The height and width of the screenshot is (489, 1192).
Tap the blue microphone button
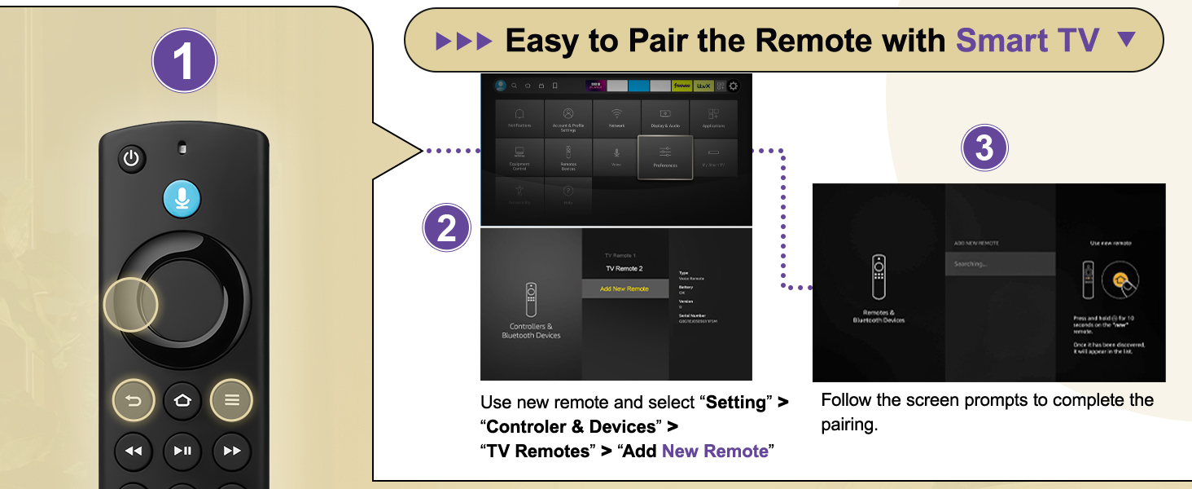coord(181,199)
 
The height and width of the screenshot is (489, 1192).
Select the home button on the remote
coord(182,400)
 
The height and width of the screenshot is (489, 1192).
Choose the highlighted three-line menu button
coord(232,400)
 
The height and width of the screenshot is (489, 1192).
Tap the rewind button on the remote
coord(133,450)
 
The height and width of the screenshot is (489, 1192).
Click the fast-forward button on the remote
coord(232,450)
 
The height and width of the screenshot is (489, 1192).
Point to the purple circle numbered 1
coord(185,60)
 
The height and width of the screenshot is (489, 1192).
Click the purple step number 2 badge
coord(447,228)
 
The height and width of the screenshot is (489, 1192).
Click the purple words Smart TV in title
coord(1028,39)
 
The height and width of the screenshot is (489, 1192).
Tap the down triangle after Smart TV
coord(1127,38)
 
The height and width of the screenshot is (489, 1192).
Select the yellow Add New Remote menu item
coord(624,289)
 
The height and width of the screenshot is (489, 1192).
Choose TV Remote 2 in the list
coord(624,268)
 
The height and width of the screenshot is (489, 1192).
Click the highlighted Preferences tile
coord(665,157)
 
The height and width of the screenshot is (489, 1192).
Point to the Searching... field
coord(1000,264)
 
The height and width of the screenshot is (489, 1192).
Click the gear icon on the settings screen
coord(734,86)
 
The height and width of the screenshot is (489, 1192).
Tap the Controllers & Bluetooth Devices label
coord(531,331)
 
